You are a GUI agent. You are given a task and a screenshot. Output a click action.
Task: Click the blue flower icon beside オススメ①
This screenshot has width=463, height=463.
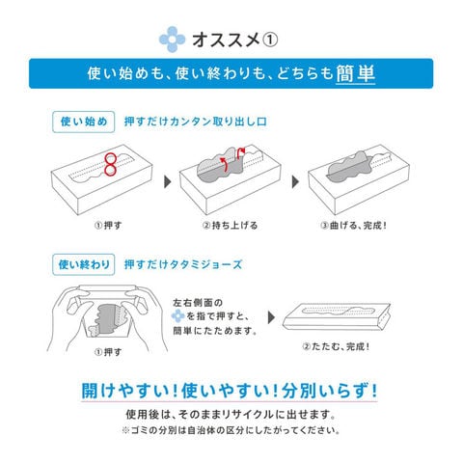tap(173, 40)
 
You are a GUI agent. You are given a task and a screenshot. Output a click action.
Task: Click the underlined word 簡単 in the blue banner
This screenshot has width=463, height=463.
tap(356, 73)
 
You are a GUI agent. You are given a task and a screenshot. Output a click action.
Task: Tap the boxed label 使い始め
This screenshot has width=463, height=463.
tap(84, 122)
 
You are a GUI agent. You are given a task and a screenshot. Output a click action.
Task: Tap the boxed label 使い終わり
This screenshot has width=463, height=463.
tap(84, 264)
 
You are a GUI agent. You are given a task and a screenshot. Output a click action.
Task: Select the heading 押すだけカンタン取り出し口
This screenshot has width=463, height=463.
tap(196, 122)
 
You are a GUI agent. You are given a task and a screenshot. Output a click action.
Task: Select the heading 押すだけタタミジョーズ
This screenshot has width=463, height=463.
tap(183, 264)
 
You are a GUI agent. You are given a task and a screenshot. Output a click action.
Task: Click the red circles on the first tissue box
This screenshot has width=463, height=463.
tap(110, 165)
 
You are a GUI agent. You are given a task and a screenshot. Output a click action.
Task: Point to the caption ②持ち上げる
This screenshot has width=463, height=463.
tap(230, 226)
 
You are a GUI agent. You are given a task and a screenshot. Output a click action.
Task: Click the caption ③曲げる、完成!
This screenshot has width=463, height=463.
tap(353, 226)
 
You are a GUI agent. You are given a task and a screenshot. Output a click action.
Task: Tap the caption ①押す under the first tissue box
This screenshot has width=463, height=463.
tap(108, 226)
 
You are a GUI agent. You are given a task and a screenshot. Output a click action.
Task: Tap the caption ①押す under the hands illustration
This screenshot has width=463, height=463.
tap(108, 352)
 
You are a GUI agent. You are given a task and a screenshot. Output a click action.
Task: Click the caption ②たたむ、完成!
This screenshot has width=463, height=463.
tap(336, 346)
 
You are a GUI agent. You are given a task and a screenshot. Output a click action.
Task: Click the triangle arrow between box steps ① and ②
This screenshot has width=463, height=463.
tap(168, 182)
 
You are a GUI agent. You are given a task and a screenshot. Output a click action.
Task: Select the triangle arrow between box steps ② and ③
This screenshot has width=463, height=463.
tap(295, 182)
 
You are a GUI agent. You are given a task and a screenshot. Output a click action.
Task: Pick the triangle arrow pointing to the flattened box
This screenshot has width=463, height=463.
tap(271, 317)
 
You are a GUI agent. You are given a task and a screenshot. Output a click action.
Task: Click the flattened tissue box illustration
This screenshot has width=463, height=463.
tap(337, 317)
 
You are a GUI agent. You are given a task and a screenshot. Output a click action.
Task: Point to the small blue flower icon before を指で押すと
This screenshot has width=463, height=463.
tap(177, 316)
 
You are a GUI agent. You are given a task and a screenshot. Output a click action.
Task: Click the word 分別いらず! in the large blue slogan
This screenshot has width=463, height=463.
tap(329, 391)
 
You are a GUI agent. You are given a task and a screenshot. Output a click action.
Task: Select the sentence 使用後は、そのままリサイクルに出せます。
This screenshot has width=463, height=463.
tap(231, 415)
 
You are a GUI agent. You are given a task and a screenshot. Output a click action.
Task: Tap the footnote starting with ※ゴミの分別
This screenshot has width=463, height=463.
tap(231, 430)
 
